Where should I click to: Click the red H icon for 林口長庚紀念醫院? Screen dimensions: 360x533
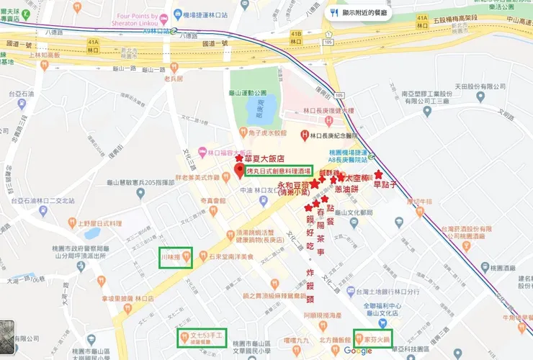305,135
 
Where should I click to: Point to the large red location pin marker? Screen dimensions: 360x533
240,172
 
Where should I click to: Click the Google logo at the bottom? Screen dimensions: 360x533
358,351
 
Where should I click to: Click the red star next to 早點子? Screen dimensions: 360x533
379,174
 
